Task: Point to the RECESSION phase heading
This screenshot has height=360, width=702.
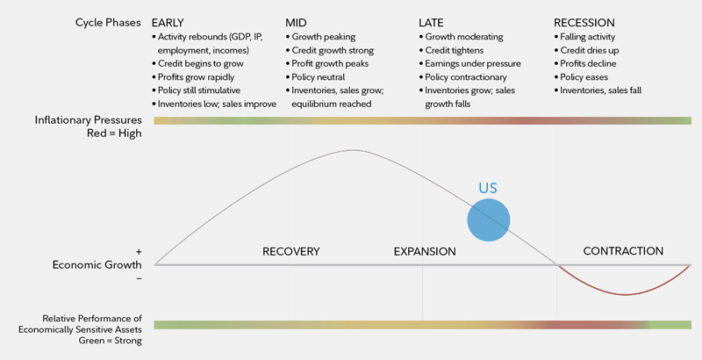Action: click(584, 22)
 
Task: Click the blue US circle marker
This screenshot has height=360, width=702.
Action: click(489, 220)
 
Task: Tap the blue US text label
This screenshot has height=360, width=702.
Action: click(488, 188)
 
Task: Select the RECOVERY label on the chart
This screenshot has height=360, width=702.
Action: click(291, 252)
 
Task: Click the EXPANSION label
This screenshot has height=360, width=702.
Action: click(425, 252)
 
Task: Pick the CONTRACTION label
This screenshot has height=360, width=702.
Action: click(623, 251)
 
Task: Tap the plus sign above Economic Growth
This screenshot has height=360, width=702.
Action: click(139, 251)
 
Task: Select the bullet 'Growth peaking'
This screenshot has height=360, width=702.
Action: click(324, 38)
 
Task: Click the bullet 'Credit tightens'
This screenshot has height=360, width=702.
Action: click(457, 51)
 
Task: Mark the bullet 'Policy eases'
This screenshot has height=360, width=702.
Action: click(585, 77)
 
